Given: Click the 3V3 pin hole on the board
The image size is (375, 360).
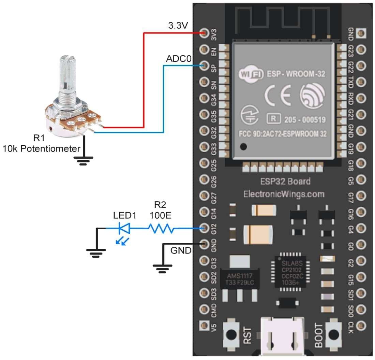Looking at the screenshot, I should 205,33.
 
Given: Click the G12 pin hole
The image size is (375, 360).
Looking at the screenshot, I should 205,228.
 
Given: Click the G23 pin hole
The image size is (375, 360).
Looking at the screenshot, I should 361,49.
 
